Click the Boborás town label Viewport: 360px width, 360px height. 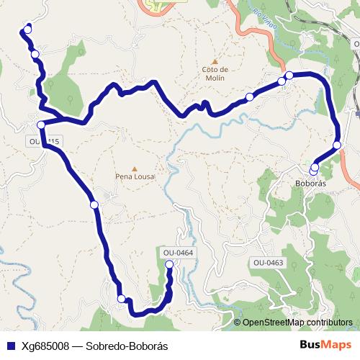pyautogui.click(x=312, y=184)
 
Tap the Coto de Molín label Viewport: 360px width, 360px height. pyautogui.click(x=214, y=73)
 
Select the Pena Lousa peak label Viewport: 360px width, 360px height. pyautogui.click(x=135, y=175)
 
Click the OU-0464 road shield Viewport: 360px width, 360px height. pyautogui.click(x=179, y=253)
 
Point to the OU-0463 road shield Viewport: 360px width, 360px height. pyautogui.click(x=268, y=263)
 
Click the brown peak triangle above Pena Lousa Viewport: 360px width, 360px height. pyautogui.click(x=135, y=168)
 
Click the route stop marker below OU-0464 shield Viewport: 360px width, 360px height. pyautogui.click(x=170, y=265)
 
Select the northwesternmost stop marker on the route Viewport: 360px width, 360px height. pyautogui.click(x=27, y=30)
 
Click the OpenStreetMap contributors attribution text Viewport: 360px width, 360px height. pyautogui.click(x=297, y=323)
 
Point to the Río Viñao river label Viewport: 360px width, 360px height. pyautogui.click(x=264, y=14)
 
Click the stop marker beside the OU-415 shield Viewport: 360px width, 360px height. pyautogui.click(x=41, y=125)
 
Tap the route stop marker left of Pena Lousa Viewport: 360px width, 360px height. pyautogui.click(x=94, y=205)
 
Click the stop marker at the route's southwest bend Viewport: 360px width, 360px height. pyautogui.click(x=122, y=299)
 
